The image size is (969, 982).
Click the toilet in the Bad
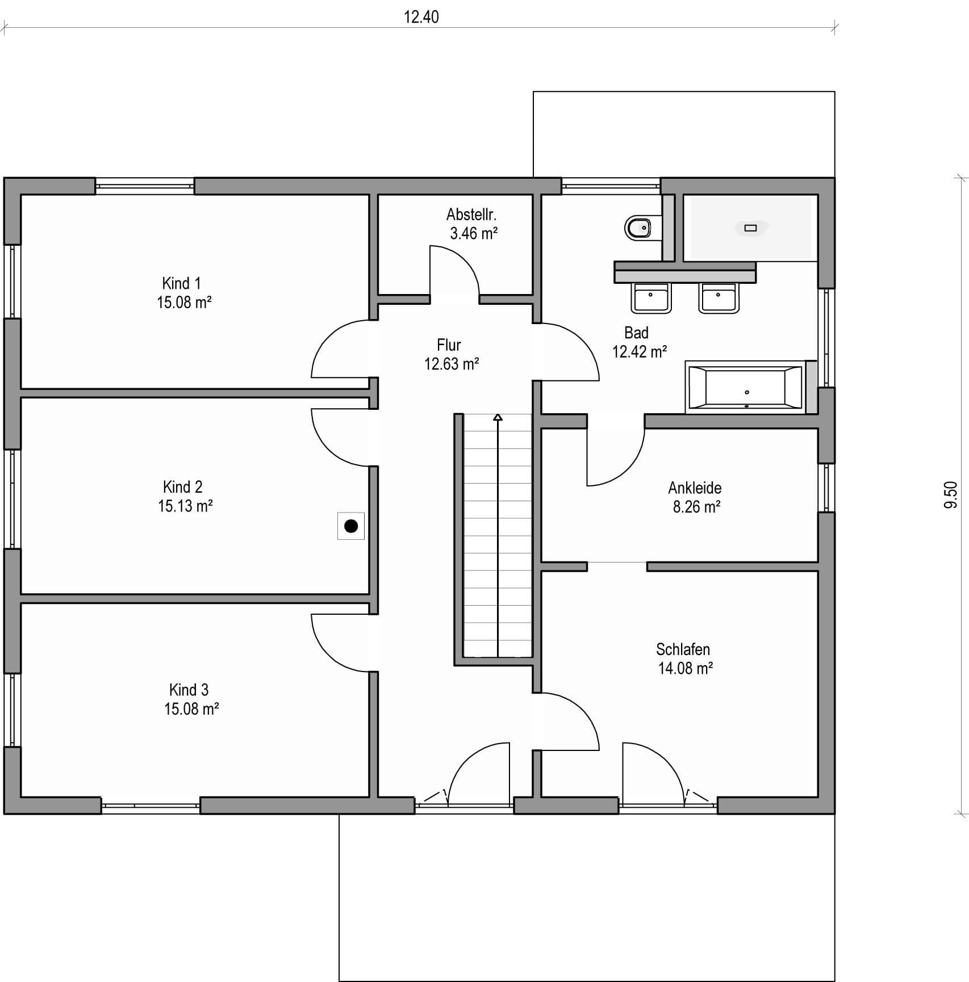[x=642, y=228]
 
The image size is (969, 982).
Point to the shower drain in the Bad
[x=751, y=228]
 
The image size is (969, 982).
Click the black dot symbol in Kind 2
[x=351, y=526]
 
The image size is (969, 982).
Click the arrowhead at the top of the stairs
[x=498, y=417]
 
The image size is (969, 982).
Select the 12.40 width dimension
[x=421, y=17]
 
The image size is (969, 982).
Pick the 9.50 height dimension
[x=951, y=495]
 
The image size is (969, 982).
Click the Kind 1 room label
[x=181, y=283]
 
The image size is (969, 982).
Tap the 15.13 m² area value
[x=185, y=506]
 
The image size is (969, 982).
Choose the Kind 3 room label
[x=189, y=690]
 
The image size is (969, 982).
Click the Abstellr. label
[x=471, y=215]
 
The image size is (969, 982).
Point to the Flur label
[x=449, y=345]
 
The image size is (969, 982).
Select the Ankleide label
[x=695, y=488]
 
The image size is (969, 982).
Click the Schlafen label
[x=683, y=649]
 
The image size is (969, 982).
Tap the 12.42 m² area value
[x=640, y=352]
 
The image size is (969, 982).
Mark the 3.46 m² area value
[x=474, y=233]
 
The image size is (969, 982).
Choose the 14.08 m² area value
[x=686, y=668]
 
